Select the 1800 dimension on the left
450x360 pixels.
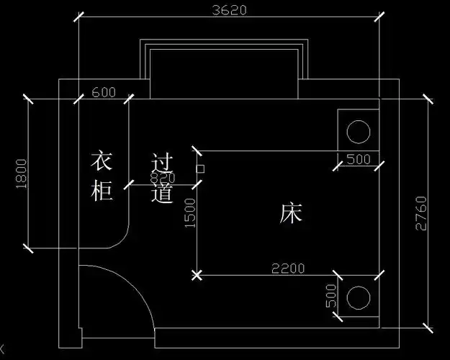[20, 175]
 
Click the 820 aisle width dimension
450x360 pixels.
[162, 178]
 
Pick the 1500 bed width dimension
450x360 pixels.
[189, 214]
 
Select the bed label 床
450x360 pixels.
[292, 213]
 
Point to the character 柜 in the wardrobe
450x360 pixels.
[102, 192]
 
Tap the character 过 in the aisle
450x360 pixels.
[163, 161]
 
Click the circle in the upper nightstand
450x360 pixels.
[357, 130]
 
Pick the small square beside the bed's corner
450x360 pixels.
[200, 169]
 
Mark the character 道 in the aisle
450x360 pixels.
[163, 193]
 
